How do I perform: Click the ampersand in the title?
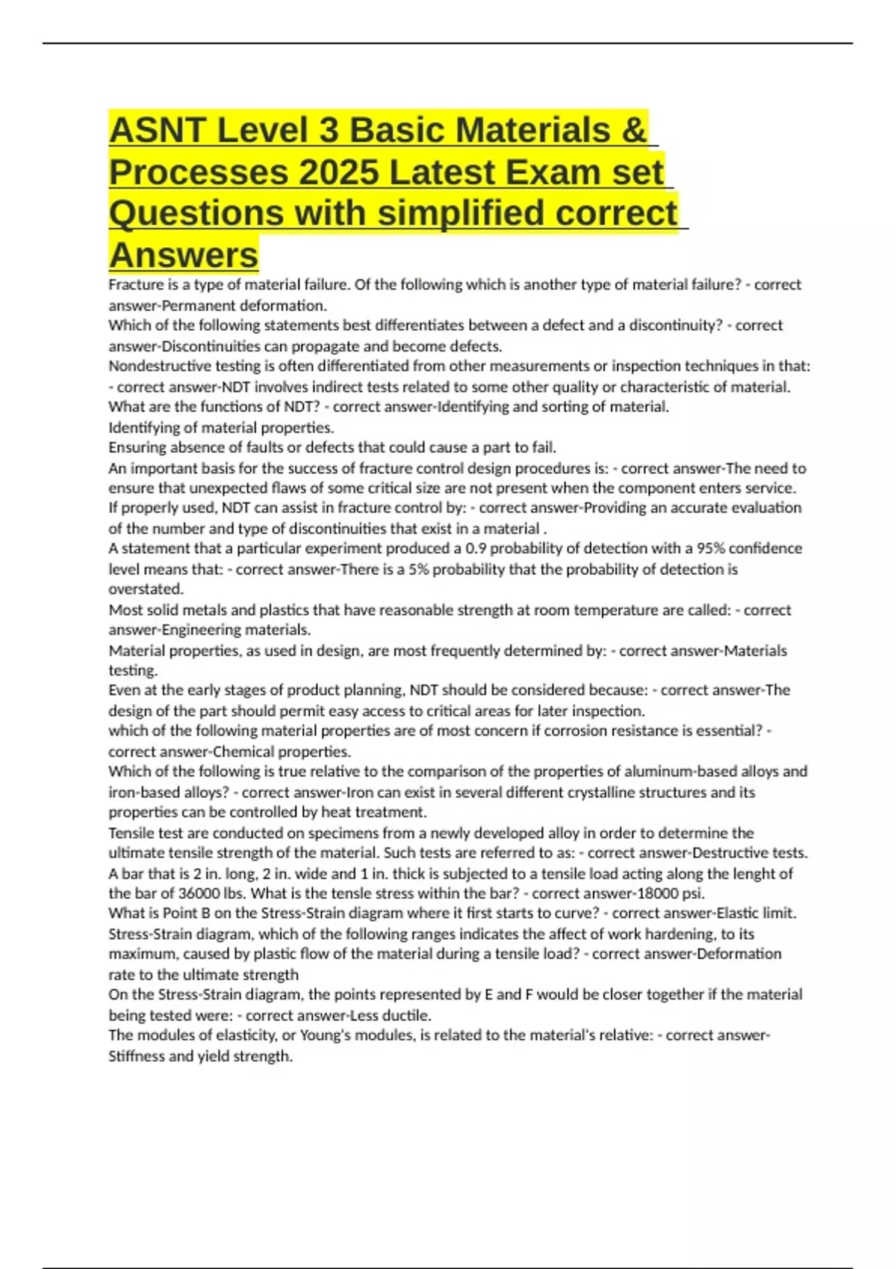point(633,131)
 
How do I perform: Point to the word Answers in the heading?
point(184,255)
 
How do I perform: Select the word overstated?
point(146,589)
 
